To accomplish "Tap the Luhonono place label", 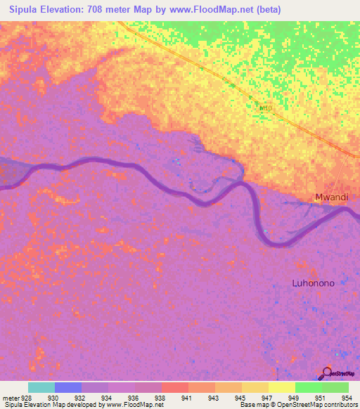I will click(313, 283).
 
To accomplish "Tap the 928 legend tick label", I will click(27, 398).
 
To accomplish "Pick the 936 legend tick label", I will click(134, 398).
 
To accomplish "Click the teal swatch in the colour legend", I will click(41, 387).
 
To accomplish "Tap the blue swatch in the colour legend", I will click(68, 387).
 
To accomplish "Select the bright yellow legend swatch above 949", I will click(282, 387).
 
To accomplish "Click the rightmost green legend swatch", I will click(335, 387).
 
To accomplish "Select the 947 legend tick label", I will click(268, 398).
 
